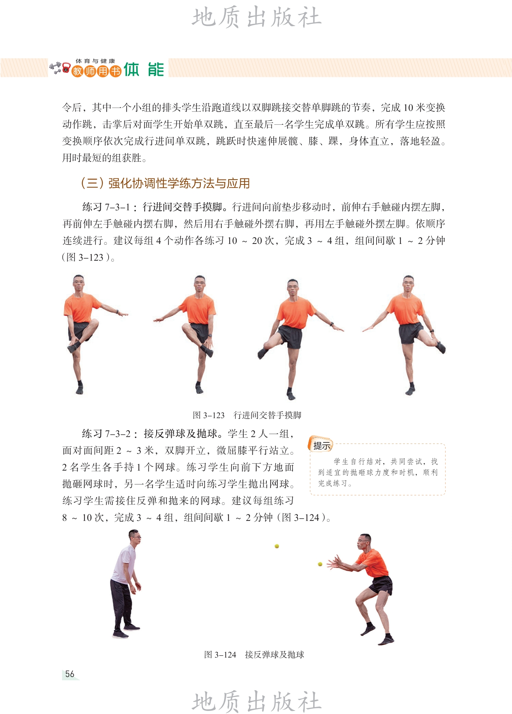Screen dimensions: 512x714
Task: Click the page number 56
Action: coord(70,674)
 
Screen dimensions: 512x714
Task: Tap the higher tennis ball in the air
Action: coord(277,546)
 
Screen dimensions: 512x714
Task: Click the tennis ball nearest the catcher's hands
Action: coord(320,564)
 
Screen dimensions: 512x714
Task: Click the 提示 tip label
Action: coord(322,446)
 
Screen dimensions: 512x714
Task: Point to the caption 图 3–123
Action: coord(209,415)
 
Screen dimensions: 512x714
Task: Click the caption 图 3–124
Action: coord(220,655)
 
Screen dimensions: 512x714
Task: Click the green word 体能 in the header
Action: coord(144,70)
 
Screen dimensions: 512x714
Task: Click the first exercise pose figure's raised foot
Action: coord(73,347)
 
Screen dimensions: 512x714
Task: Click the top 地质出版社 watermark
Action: coord(257,17)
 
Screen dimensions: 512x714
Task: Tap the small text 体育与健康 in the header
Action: coord(95,61)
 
